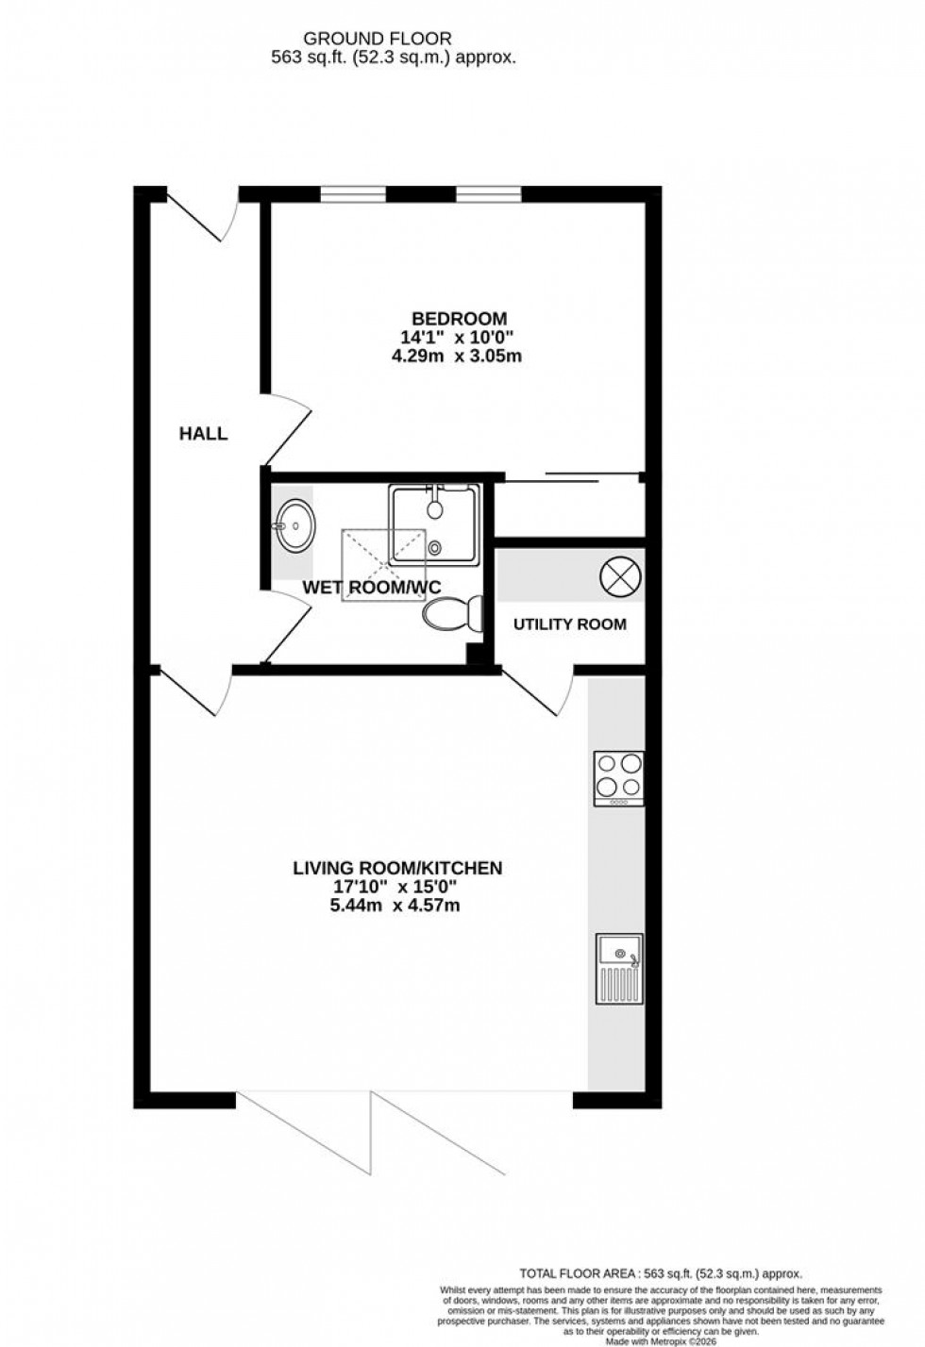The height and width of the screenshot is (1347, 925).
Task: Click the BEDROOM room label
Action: (459, 319)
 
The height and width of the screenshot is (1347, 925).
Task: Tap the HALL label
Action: (204, 434)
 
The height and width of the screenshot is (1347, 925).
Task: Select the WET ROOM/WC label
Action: (372, 587)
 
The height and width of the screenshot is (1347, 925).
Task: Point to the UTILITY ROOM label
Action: (569, 624)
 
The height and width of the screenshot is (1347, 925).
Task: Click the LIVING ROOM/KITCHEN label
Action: (396, 868)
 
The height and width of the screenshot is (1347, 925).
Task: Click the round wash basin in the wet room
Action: (295, 524)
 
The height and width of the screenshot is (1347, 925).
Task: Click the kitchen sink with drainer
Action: (619, 968)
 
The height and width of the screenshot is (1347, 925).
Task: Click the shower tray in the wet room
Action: (434, 524)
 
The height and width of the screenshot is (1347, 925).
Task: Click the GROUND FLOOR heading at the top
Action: (377, 39)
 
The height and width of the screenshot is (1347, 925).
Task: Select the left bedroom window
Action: (353, 195)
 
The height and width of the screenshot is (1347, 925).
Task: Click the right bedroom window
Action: (488, 195)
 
